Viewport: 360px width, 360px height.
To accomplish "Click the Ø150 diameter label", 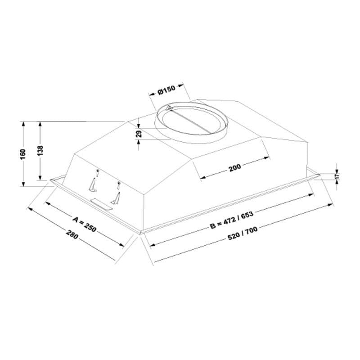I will [x=166, y=90].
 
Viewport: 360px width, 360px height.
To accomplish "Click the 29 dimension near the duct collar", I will [x=139, y=134].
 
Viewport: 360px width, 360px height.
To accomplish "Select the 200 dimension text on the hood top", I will [x=235, y=167].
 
